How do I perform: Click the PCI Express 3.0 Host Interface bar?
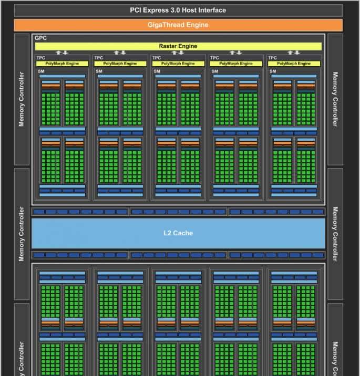(178, 10)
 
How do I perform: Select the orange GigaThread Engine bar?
(178, 25)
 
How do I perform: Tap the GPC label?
(40, 38)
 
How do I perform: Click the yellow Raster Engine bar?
(178, 46)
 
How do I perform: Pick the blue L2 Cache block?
(178, 233)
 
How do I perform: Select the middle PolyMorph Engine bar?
(178, 64)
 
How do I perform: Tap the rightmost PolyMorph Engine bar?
(294, 64)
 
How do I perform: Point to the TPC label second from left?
(98, 58)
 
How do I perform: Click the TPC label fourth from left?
(214, 58)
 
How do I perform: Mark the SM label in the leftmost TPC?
(40, 71)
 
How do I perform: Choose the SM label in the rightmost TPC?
(272, 71)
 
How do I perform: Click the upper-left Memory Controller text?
(22, 99)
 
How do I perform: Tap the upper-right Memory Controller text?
(335, 99)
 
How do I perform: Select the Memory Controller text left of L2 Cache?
(22, 234)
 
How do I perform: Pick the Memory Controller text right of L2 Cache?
(335, 234)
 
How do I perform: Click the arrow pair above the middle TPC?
(178, 53)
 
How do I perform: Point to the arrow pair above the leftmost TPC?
(62, 53)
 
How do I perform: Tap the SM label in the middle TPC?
(156, 71)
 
